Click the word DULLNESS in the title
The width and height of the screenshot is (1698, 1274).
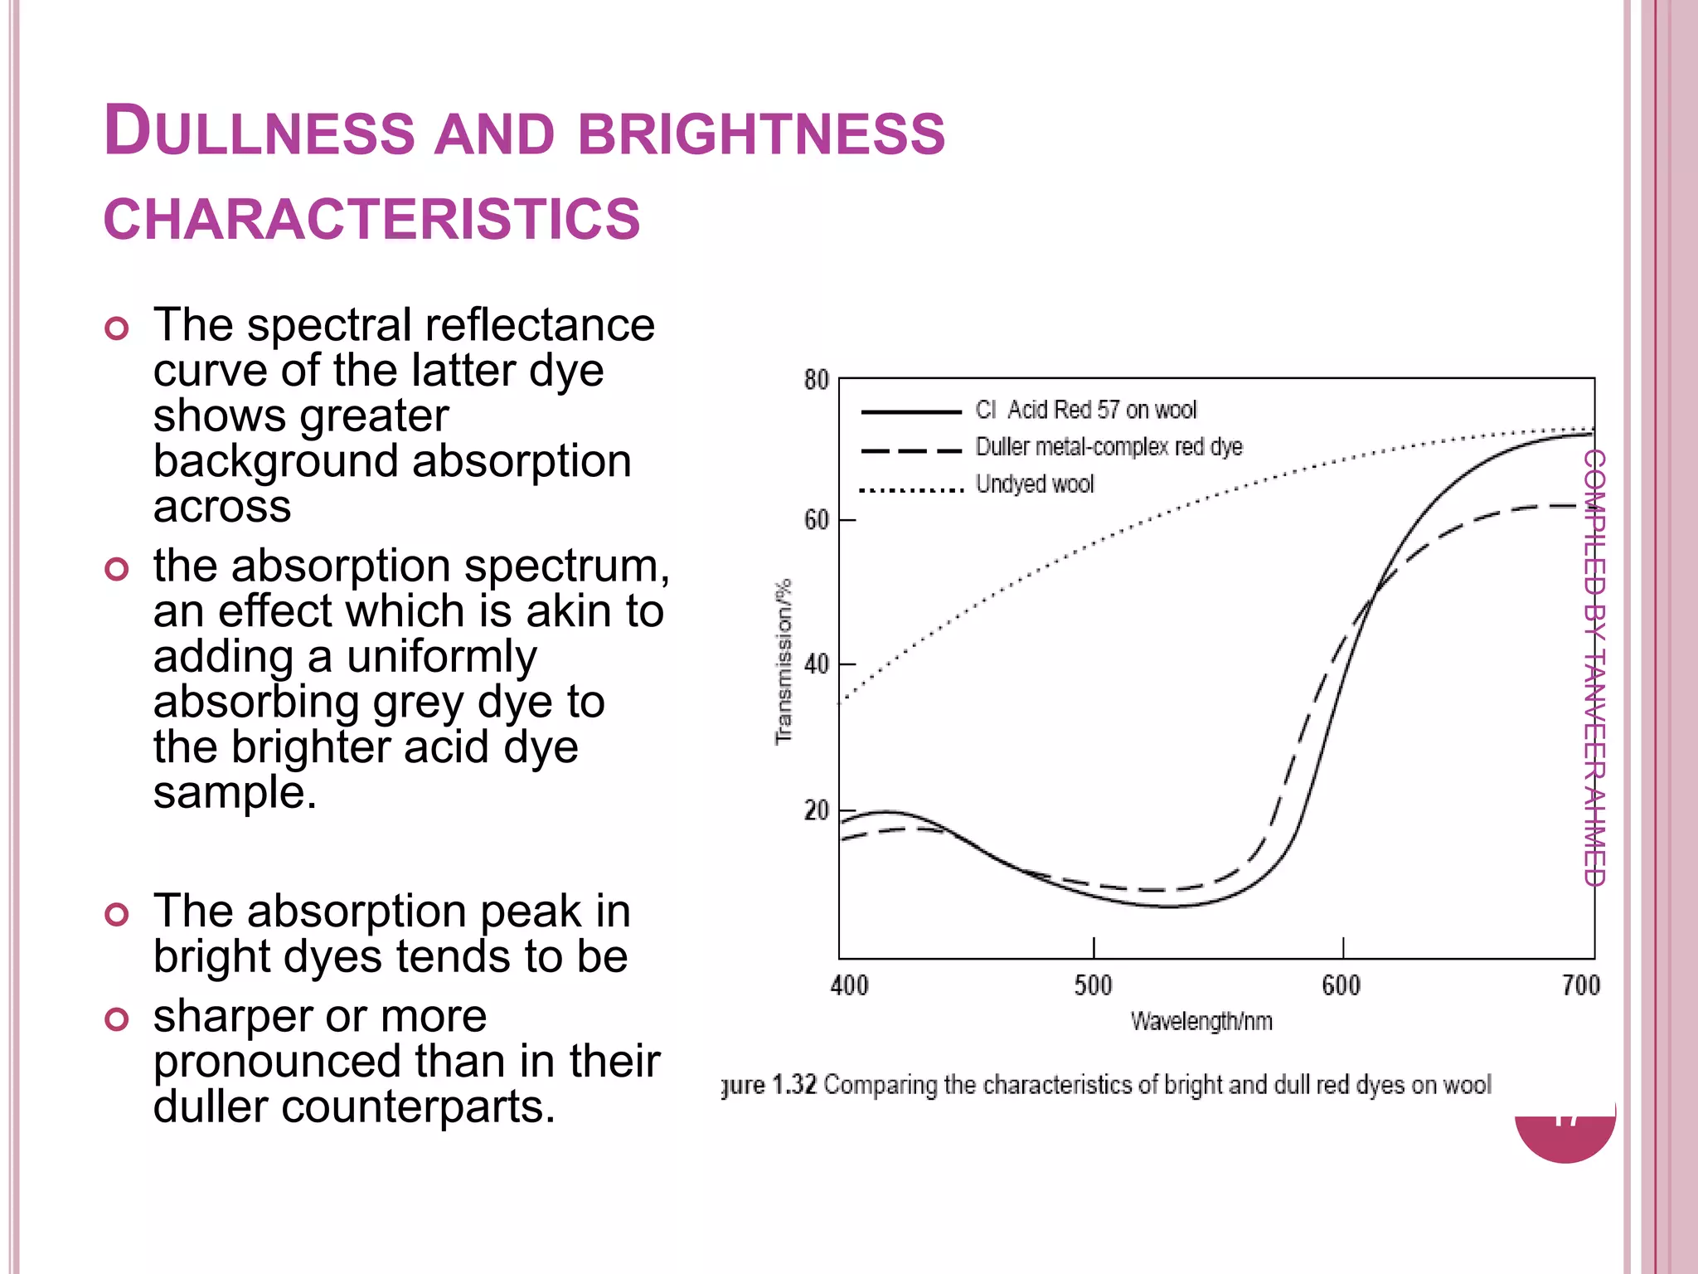tap(259, 133)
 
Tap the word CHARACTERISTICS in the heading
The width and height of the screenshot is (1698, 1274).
tap(371, 220)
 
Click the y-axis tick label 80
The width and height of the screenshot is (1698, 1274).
tap(816, 381)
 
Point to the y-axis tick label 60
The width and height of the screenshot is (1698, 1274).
tap(816, 521)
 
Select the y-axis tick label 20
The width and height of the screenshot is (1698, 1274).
tap(816, 810)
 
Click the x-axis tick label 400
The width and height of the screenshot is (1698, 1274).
tap(849, 985)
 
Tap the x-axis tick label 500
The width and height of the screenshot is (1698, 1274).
tap(1093, 985)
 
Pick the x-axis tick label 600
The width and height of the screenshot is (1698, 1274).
tap(1341, 985)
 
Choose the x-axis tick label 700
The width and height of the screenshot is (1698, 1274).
tap(1580, 985)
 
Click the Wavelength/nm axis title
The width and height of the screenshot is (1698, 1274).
tap(1201, 1021)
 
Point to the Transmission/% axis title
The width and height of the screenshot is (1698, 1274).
tap(783, 662)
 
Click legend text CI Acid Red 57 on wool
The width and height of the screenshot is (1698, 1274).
tap(1085, 410)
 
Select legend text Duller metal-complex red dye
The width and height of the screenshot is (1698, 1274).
tap(1109, 447)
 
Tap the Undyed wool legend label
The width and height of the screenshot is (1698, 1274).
tap(1034, 484)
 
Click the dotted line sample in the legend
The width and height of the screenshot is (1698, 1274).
tap(910, 489)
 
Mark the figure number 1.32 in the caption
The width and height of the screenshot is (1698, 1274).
tap(794, 1085)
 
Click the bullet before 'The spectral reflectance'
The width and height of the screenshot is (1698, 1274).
tap(117, 328)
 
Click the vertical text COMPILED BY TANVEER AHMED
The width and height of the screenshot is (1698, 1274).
tap(1594, 668)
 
